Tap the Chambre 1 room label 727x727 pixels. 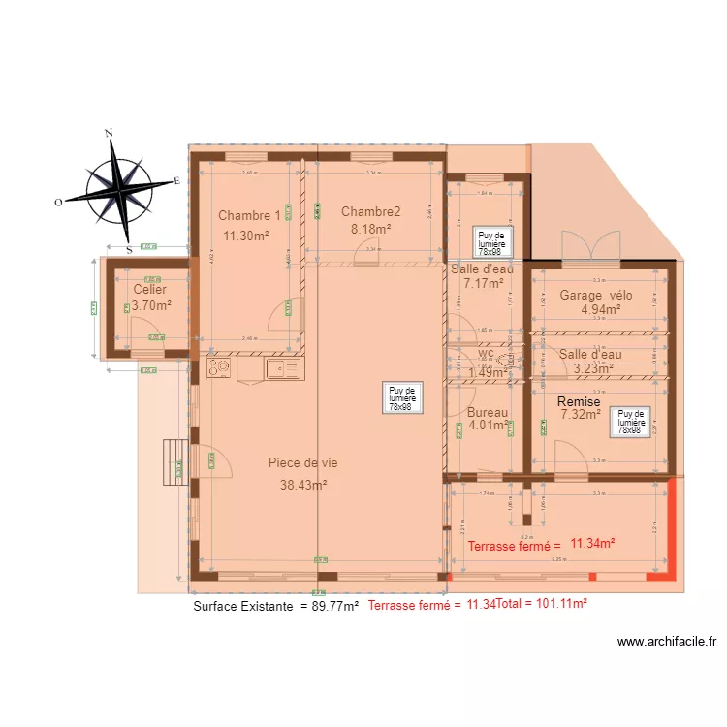(x=249, y=215)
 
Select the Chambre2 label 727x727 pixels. (x=370, y=211)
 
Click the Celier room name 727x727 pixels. (x=149, y=290)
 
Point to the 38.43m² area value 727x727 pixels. (x=302, y=485)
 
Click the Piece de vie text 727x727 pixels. (x=302, y=463)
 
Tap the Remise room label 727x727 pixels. (x=580, y=401)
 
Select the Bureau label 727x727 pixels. (x=488, y=412)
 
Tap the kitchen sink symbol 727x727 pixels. (x=282, y=367)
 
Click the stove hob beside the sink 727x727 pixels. (x=219, y=367)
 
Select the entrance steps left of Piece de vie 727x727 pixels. (x=175, y=459)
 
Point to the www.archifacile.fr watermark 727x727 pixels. (x=666, y=642)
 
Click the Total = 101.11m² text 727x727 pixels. (x=541, y=604)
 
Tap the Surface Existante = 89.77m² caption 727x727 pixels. (x=276, y=606)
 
